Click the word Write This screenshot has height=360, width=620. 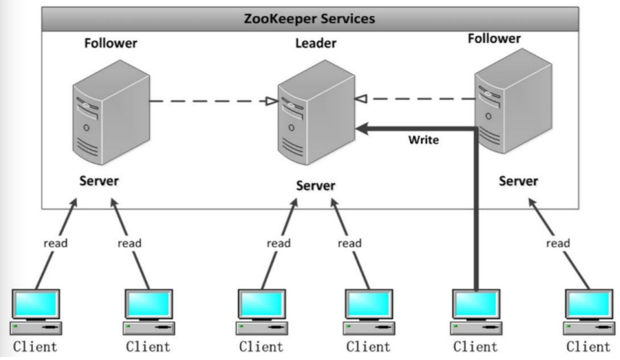point(423,140)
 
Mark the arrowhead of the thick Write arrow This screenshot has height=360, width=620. point(360,129)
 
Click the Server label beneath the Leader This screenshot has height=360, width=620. point(315,185)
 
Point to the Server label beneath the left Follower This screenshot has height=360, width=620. point(99,181)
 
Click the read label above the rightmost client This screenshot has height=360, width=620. point(558,243)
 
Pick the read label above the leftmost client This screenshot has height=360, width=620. point(55,243)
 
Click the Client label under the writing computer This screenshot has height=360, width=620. point(475,347)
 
